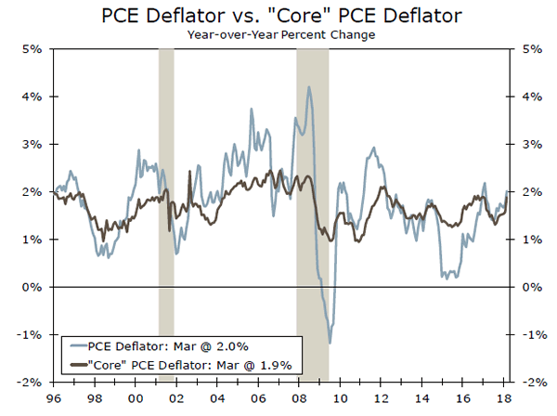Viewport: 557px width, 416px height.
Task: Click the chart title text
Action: tap(278, 16)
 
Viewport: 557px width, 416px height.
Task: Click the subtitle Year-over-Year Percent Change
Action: tap(278, 34)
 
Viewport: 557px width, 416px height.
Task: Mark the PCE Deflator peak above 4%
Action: tap(308, 87)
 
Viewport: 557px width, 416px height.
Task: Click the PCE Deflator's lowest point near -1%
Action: tap(330, 344)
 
